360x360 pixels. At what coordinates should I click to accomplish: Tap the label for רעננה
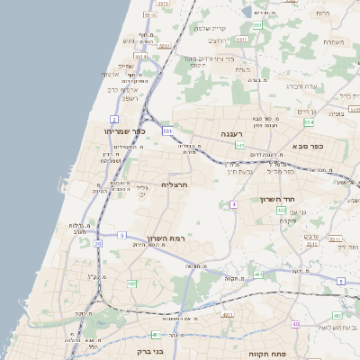pos(233,133)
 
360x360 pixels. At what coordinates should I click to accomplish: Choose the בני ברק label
pos(148,353)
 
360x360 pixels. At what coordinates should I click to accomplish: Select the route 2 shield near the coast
pos(114,118)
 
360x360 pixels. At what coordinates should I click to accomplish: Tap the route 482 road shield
pos(132,283)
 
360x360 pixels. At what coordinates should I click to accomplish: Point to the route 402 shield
pos(282,210)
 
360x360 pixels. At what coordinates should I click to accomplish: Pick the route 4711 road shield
pos(228,315)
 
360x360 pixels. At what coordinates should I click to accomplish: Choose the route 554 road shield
pos(310,121)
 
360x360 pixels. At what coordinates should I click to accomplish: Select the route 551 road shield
pos(257,26)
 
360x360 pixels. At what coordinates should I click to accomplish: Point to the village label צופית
pos(337,114)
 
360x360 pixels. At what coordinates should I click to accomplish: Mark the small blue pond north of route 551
pos(247,12)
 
